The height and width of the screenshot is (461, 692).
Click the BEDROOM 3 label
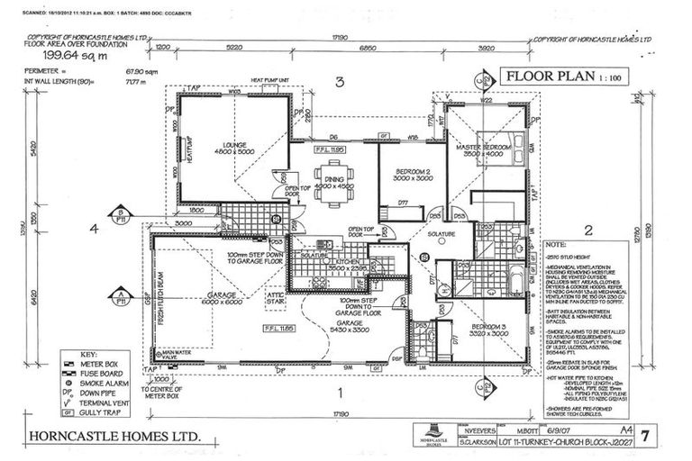[x=478, y=326]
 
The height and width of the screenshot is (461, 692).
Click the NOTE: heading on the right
[x=556, y=243]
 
